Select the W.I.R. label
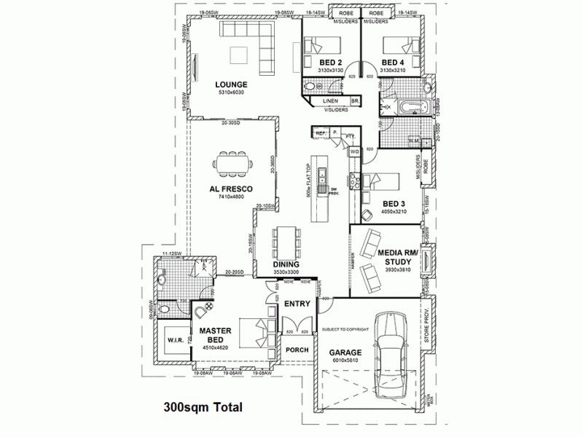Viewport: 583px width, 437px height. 175,340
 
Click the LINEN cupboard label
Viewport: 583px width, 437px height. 331,101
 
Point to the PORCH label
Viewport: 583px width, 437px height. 297,350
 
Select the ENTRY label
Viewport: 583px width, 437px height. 297,304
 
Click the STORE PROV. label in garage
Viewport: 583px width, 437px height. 427,326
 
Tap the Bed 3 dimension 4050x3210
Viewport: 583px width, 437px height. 394,211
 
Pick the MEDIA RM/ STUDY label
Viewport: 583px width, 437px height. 398,256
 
